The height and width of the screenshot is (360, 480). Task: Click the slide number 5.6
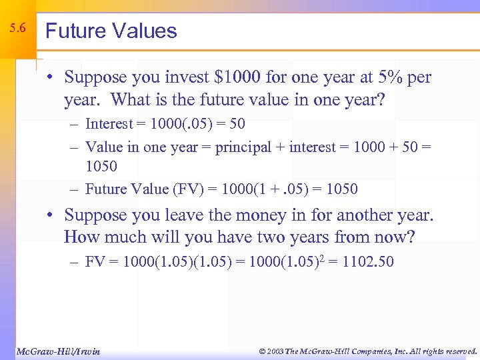[18, 29]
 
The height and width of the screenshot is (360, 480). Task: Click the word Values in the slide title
[144, 31]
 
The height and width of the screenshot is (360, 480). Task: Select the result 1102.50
[368, 262]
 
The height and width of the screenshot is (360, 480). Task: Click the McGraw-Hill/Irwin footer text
[57, 351]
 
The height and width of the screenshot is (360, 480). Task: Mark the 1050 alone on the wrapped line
[101, 166]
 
